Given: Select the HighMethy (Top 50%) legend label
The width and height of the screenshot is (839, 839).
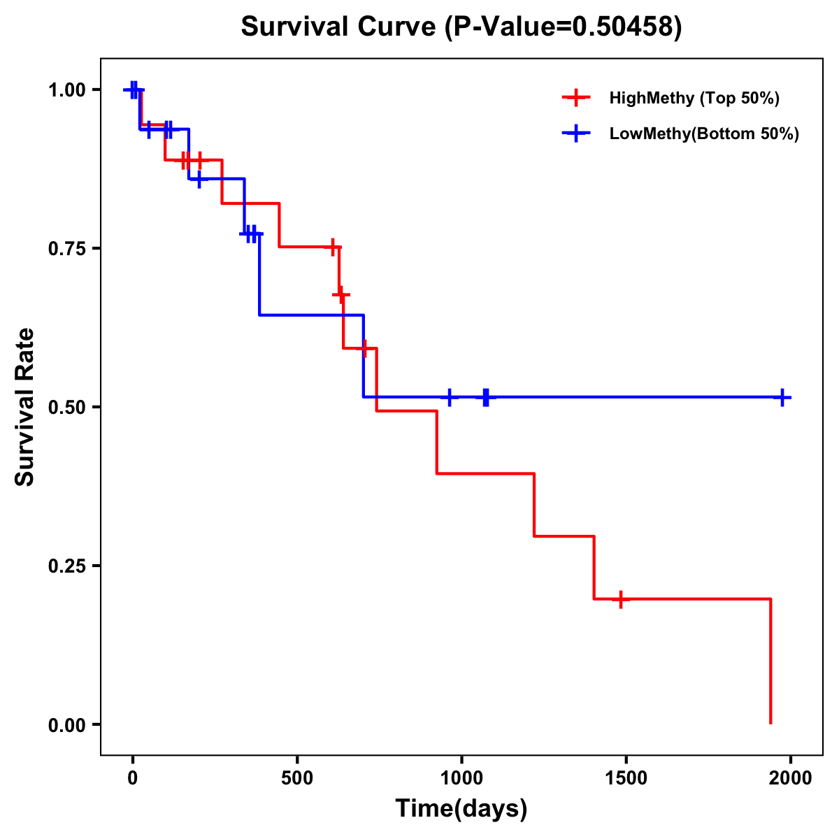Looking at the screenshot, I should (694, 98).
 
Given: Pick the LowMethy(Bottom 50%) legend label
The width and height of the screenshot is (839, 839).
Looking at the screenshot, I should (704, 134).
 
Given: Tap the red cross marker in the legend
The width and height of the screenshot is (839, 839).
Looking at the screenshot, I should (575, 98).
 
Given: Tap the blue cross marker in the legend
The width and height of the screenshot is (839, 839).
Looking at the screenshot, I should (575, 134).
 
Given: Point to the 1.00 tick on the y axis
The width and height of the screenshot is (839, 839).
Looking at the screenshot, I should (66, 89).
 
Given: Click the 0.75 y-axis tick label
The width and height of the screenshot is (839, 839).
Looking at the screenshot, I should (66, 248).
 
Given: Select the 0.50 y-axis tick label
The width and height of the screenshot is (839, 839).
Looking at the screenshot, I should (66, 407).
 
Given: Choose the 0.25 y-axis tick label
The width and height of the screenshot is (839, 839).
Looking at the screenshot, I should (66, 566).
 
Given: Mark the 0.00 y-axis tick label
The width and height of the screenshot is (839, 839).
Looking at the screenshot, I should (66, 724).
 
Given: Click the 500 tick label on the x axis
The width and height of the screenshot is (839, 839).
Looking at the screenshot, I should (297, 778).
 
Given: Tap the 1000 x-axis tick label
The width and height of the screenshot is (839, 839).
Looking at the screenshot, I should (461, 778).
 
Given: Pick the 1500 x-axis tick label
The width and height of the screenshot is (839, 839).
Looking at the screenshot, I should (626, 778).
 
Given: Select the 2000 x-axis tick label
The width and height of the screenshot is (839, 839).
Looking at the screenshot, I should (791, 778).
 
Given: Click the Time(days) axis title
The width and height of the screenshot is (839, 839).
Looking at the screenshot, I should (461, 809).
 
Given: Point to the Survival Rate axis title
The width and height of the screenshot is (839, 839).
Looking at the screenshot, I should (25, 407).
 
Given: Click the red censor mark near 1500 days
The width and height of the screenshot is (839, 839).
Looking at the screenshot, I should (620, 599).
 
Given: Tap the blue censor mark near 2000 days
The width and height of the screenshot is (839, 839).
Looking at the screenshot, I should (782, 397).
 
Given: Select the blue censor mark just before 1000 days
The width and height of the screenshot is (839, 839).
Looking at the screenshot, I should (450, 397).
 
